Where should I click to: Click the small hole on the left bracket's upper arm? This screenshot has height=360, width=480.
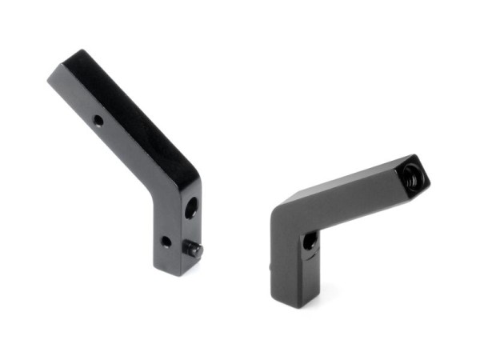coord(98,121)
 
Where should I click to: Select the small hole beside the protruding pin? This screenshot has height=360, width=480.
coord(166,241)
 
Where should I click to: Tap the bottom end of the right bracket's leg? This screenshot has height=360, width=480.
coord(297,302)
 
